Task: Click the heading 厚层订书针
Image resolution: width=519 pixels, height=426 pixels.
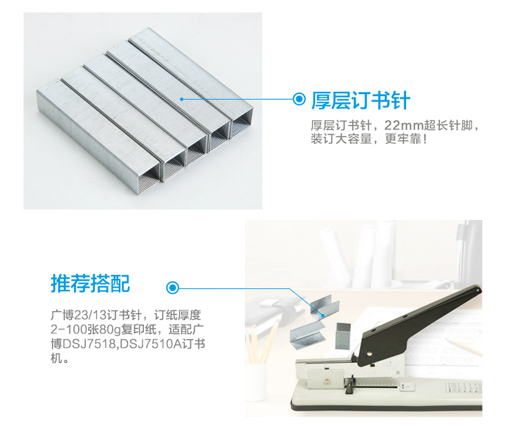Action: pyautogui.click(x=361, y=100)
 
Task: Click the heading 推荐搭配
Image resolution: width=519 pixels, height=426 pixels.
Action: pyautogui.click(x=91, y=284)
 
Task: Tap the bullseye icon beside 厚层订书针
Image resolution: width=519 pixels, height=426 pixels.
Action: pyautogui.click(x=299, y=99)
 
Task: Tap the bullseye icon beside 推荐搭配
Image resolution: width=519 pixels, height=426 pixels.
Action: pyautogui.click(x=172, y=288)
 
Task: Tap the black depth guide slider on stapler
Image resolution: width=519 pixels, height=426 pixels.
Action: pyautogui.click(x=349, y=385)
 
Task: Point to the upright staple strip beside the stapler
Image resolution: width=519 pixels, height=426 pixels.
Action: pyautogui.click(x=343, y=335)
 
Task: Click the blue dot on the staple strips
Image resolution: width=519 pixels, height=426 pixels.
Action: pyautogui.click(x=181, y=99)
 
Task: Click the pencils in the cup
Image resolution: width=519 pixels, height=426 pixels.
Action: pyautogui.click(x=262, y=342)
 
